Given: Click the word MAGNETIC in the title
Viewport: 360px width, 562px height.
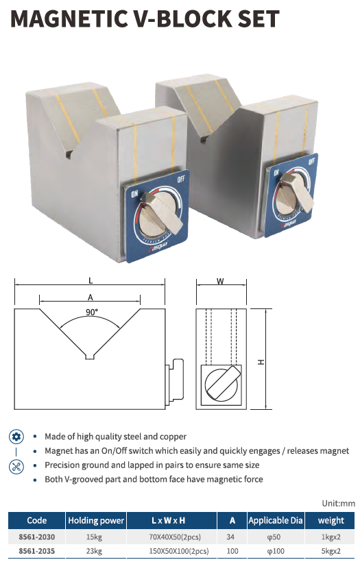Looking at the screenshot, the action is point(68,19).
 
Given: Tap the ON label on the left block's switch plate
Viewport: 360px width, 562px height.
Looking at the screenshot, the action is point(134,194).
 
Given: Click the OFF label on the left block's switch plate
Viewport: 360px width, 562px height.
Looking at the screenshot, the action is point(181,178).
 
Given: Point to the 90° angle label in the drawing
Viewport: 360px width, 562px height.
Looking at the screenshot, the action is point(92,312).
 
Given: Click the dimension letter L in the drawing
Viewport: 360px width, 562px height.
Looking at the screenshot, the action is point(91,280).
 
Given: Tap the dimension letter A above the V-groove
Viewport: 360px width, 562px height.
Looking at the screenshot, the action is point(91,297).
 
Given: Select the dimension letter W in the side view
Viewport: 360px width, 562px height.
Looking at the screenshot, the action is point(220,281).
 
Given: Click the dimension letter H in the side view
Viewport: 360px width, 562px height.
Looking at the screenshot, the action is point(261,362).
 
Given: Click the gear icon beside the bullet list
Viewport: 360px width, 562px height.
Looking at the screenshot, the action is point(16,437).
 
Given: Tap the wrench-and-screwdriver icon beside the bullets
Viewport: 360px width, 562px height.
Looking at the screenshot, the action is point(16,466).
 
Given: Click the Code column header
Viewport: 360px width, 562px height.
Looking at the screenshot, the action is point(37,520).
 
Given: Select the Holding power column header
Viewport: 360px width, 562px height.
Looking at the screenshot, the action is point(96,520).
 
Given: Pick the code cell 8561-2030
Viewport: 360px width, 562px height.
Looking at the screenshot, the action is point(37,537).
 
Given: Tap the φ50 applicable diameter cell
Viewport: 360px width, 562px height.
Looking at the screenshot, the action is point(276,537).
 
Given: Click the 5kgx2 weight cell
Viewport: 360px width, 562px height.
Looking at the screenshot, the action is point(331,551).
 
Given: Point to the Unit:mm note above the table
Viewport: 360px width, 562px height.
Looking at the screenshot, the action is point(338,503).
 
